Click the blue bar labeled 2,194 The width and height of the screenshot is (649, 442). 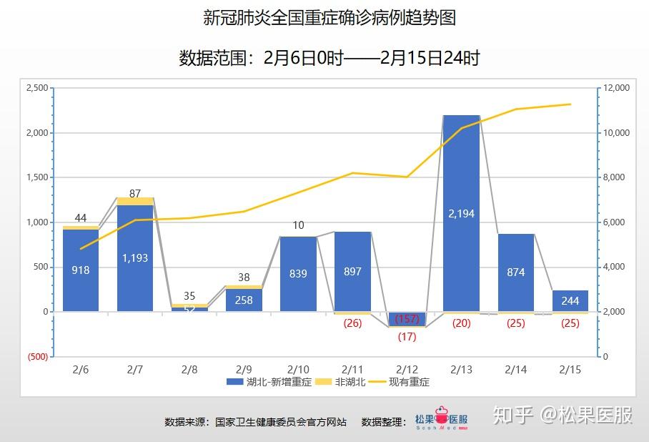point(461,213)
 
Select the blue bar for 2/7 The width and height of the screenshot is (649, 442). point(135,257)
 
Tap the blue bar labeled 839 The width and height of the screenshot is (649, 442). point(298,273)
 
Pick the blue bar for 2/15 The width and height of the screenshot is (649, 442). point(570,301)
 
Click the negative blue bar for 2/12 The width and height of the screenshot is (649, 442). point(407,319)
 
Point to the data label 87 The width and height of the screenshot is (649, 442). point(135,193)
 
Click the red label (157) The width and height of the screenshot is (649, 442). point(407,318)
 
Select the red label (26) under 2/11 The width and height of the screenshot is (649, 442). point(352,323)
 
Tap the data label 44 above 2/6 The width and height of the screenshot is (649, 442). point(81,217)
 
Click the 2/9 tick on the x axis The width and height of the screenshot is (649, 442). point(244,369)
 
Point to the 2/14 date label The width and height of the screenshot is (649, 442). point(515,369)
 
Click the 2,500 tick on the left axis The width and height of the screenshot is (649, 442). point(36,88)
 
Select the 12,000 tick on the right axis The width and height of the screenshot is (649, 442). point(617,88)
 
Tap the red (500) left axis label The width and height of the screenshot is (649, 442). point(37,357)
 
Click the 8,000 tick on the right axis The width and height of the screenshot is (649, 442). point(615,177)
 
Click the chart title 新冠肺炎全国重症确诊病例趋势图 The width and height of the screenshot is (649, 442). point(330,18)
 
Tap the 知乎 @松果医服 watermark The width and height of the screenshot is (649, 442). point(563,415)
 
